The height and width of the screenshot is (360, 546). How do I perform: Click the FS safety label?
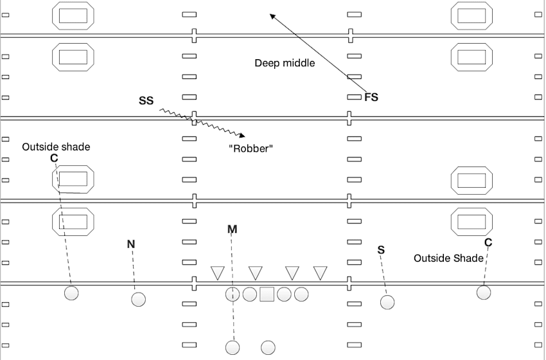click(371, 98)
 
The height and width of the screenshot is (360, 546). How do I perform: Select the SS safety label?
click(146, 101)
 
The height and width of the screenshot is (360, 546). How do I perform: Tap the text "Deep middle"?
click(285, 63)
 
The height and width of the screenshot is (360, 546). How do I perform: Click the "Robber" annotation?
click(251, 148)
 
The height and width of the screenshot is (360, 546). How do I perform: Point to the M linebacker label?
click(232, 229)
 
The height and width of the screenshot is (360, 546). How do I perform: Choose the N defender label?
click(131, 244)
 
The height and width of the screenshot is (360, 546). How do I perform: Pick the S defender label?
click(381, 249)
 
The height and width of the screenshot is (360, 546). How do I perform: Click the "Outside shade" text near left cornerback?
click(56, 147)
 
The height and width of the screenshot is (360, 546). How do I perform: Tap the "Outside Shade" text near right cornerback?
click(448, 258)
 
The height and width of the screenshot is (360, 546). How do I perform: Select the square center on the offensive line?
click(267, 294)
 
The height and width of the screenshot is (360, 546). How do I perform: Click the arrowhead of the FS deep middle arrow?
click(272, 16)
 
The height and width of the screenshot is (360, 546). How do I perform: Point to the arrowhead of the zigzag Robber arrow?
click(242, 135)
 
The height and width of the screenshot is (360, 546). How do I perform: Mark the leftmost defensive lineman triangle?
click(218, 273)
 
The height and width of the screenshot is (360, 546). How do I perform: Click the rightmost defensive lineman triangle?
click(320, 273)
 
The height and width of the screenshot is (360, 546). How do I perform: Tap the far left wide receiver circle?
click(71, 293)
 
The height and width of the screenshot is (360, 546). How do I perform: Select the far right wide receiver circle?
click(484, 292)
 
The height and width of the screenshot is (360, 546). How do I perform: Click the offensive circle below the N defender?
click(138, 300)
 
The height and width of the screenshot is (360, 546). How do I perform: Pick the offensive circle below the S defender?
click(387, 301)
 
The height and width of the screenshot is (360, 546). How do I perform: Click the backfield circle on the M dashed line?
click(233, 348)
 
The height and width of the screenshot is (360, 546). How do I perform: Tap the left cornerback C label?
click(54, 158)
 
